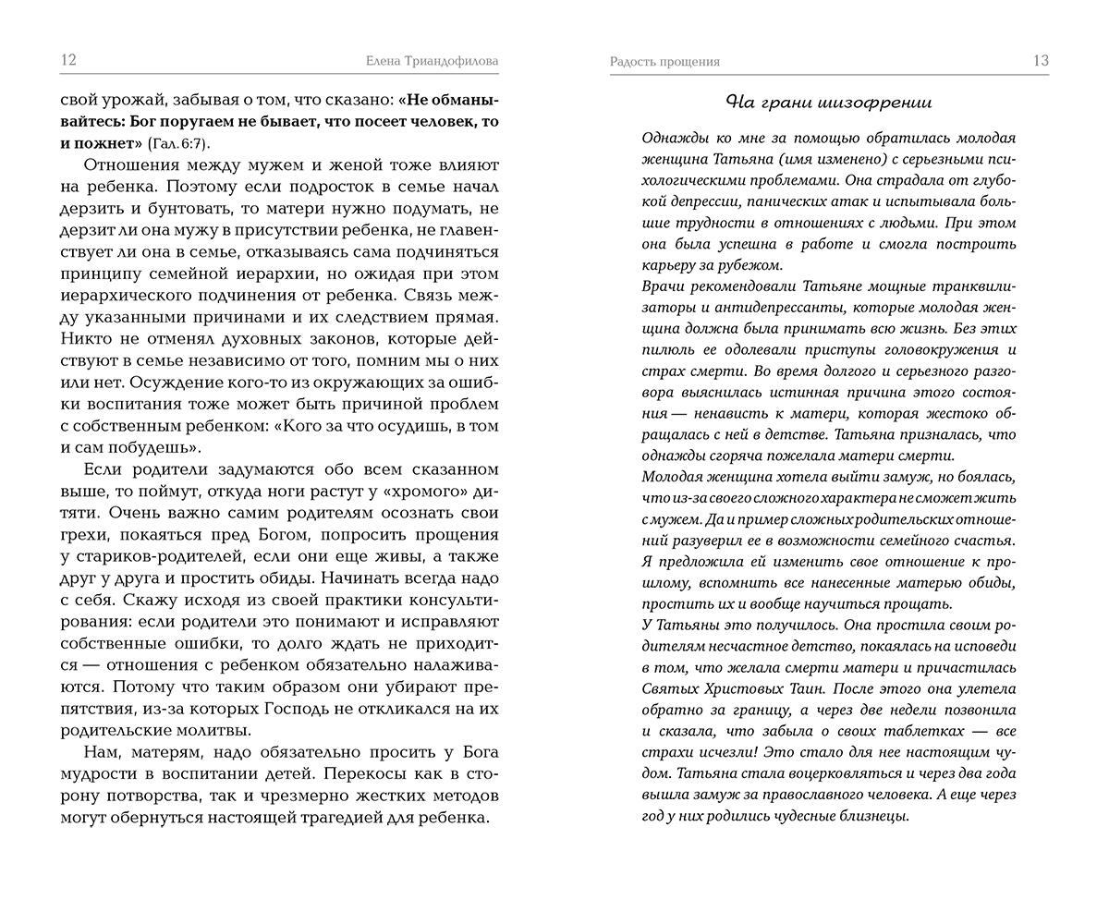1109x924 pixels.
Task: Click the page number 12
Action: pos(68,61)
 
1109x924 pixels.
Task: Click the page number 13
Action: pos(1041,61)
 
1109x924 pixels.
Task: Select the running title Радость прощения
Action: pos(664,62)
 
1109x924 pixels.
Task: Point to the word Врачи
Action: pos(662,286)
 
